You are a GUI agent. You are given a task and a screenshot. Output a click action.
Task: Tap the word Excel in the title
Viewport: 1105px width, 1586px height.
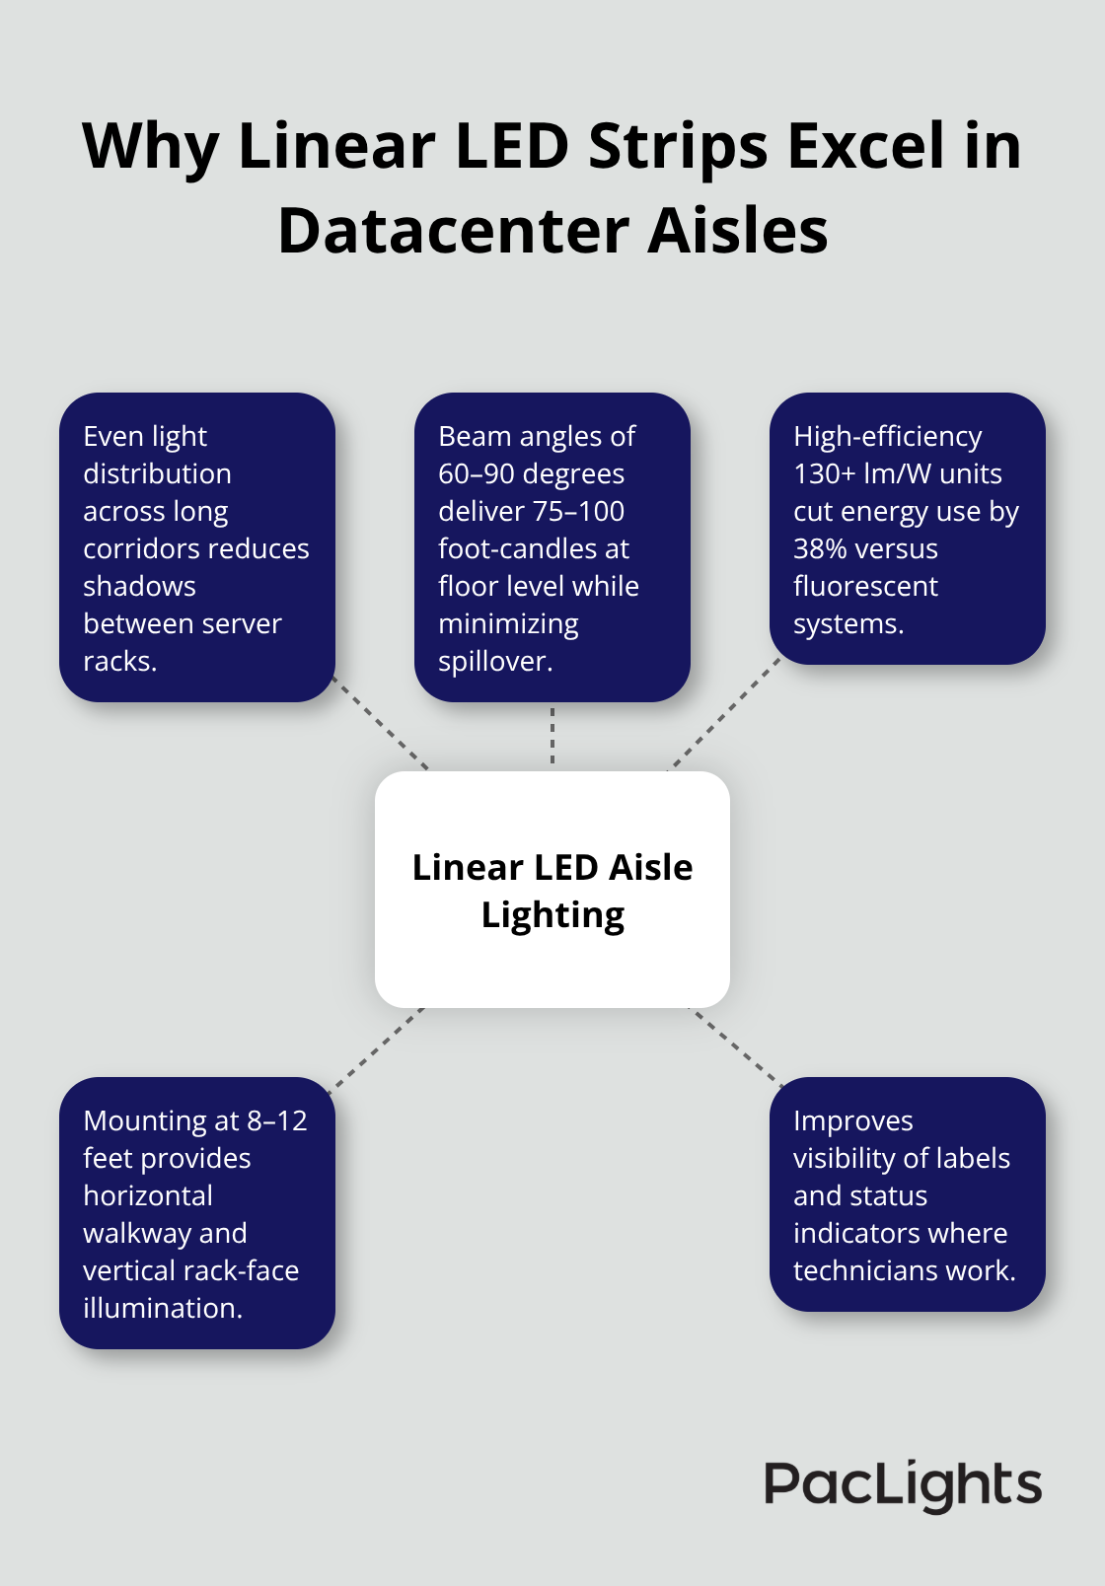pyautogui.click(x=864, y=146)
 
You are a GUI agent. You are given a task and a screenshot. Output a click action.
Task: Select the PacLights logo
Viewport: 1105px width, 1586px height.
pyautogui.click(x=903, y=1485)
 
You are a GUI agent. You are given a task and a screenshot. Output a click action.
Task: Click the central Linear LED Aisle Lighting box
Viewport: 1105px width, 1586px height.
pyautogui.click(x=552, y=890)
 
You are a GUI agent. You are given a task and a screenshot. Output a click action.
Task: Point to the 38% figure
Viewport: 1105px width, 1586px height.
pyautogui.click(x=818, y=548)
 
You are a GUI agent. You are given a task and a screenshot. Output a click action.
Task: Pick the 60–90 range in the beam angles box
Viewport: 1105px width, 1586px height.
pyautogui.click(x=475, y=473)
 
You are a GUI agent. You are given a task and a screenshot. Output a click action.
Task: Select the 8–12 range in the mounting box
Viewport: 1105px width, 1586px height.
pyautogui.click(x=277, y=1120)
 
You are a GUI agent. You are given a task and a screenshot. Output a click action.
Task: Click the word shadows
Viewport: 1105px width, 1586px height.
pyautogui.click(x=139, y=586)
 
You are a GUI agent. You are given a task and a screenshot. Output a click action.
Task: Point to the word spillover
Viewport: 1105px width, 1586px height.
pyautogui.click(x=494, y=661)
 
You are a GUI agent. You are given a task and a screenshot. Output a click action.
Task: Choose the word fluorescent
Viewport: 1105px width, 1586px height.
pyautogui.click(x=865, y=586)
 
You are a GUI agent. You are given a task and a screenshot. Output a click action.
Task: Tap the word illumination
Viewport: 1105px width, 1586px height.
pyautogui.click(x=162, y=1308)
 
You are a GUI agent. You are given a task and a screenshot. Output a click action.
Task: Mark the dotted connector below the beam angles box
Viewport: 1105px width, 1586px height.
pyautogui.click(x=552, y=736)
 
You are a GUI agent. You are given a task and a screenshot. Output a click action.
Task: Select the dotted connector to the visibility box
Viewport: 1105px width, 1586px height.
pyautogui.click(x=736, y=1045)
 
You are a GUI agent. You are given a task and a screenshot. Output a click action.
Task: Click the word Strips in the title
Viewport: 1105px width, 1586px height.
pyautogui.click(x=678, y=146)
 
